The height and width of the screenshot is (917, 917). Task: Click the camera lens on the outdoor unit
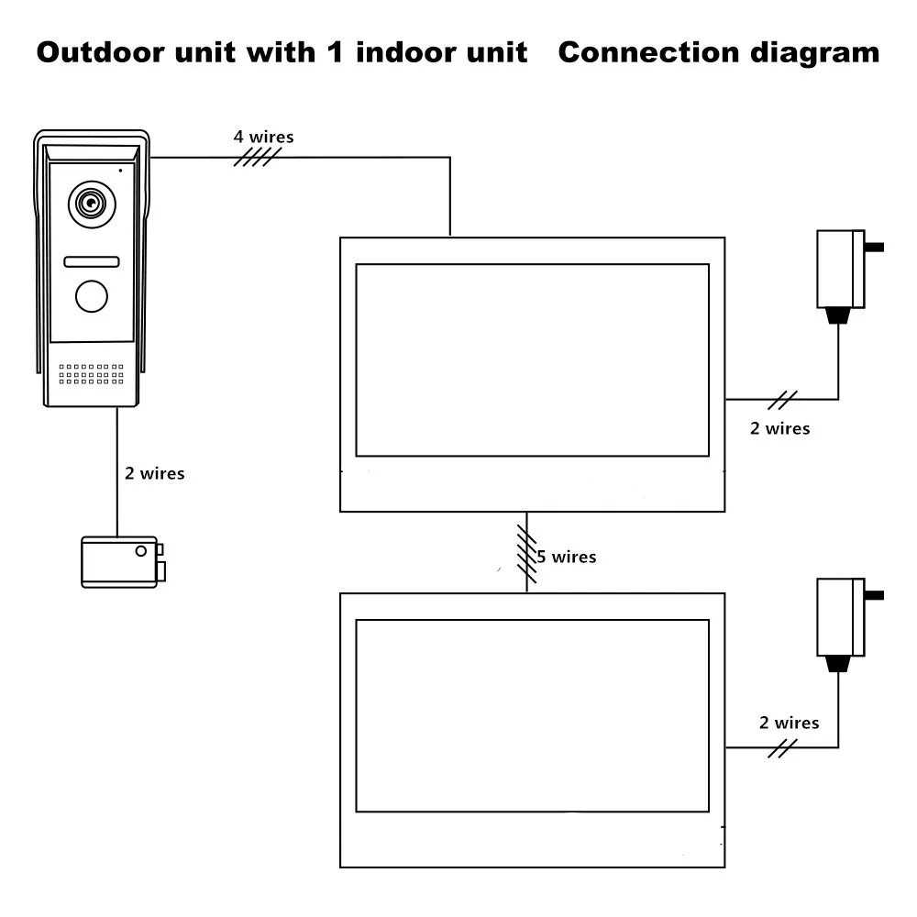coord(91,204)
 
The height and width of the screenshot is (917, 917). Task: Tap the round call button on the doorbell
coord(91,296)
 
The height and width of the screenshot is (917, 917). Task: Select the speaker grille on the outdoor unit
coord(91,374)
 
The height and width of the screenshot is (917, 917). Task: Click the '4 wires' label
coord(263,138)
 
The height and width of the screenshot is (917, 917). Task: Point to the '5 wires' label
coord(566,557)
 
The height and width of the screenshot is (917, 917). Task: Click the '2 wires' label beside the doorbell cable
coord(154,474)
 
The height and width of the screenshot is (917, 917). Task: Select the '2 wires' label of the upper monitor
coord(779,428)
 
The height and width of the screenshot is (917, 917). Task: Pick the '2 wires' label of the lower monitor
coord(789,723)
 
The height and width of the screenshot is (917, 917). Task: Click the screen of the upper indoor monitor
coord(532,359)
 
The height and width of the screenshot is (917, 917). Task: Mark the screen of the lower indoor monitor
coord(532,715)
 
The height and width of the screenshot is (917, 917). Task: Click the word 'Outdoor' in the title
coord(100,52)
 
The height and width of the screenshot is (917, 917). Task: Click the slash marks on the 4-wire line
coord(257,158)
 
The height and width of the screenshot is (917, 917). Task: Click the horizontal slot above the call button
coord(91,262)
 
